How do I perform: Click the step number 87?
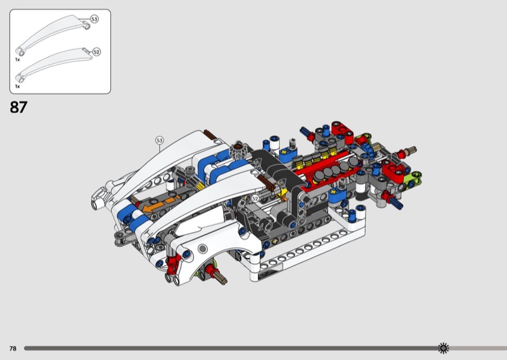click(x=18, y=107)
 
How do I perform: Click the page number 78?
click(x=13, y=349)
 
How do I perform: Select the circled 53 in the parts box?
click(x=94, y=20)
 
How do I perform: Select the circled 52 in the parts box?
click(x=96, y=52)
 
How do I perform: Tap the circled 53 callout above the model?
click(x=160, y=140)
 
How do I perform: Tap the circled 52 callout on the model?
click(x=255, y=198)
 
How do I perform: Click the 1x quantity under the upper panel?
click(x=18, y=60)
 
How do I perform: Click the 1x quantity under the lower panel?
click(x=18, y=86)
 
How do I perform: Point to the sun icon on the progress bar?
click(x=443, y=348)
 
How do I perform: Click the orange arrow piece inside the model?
click(x=161, y=204)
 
